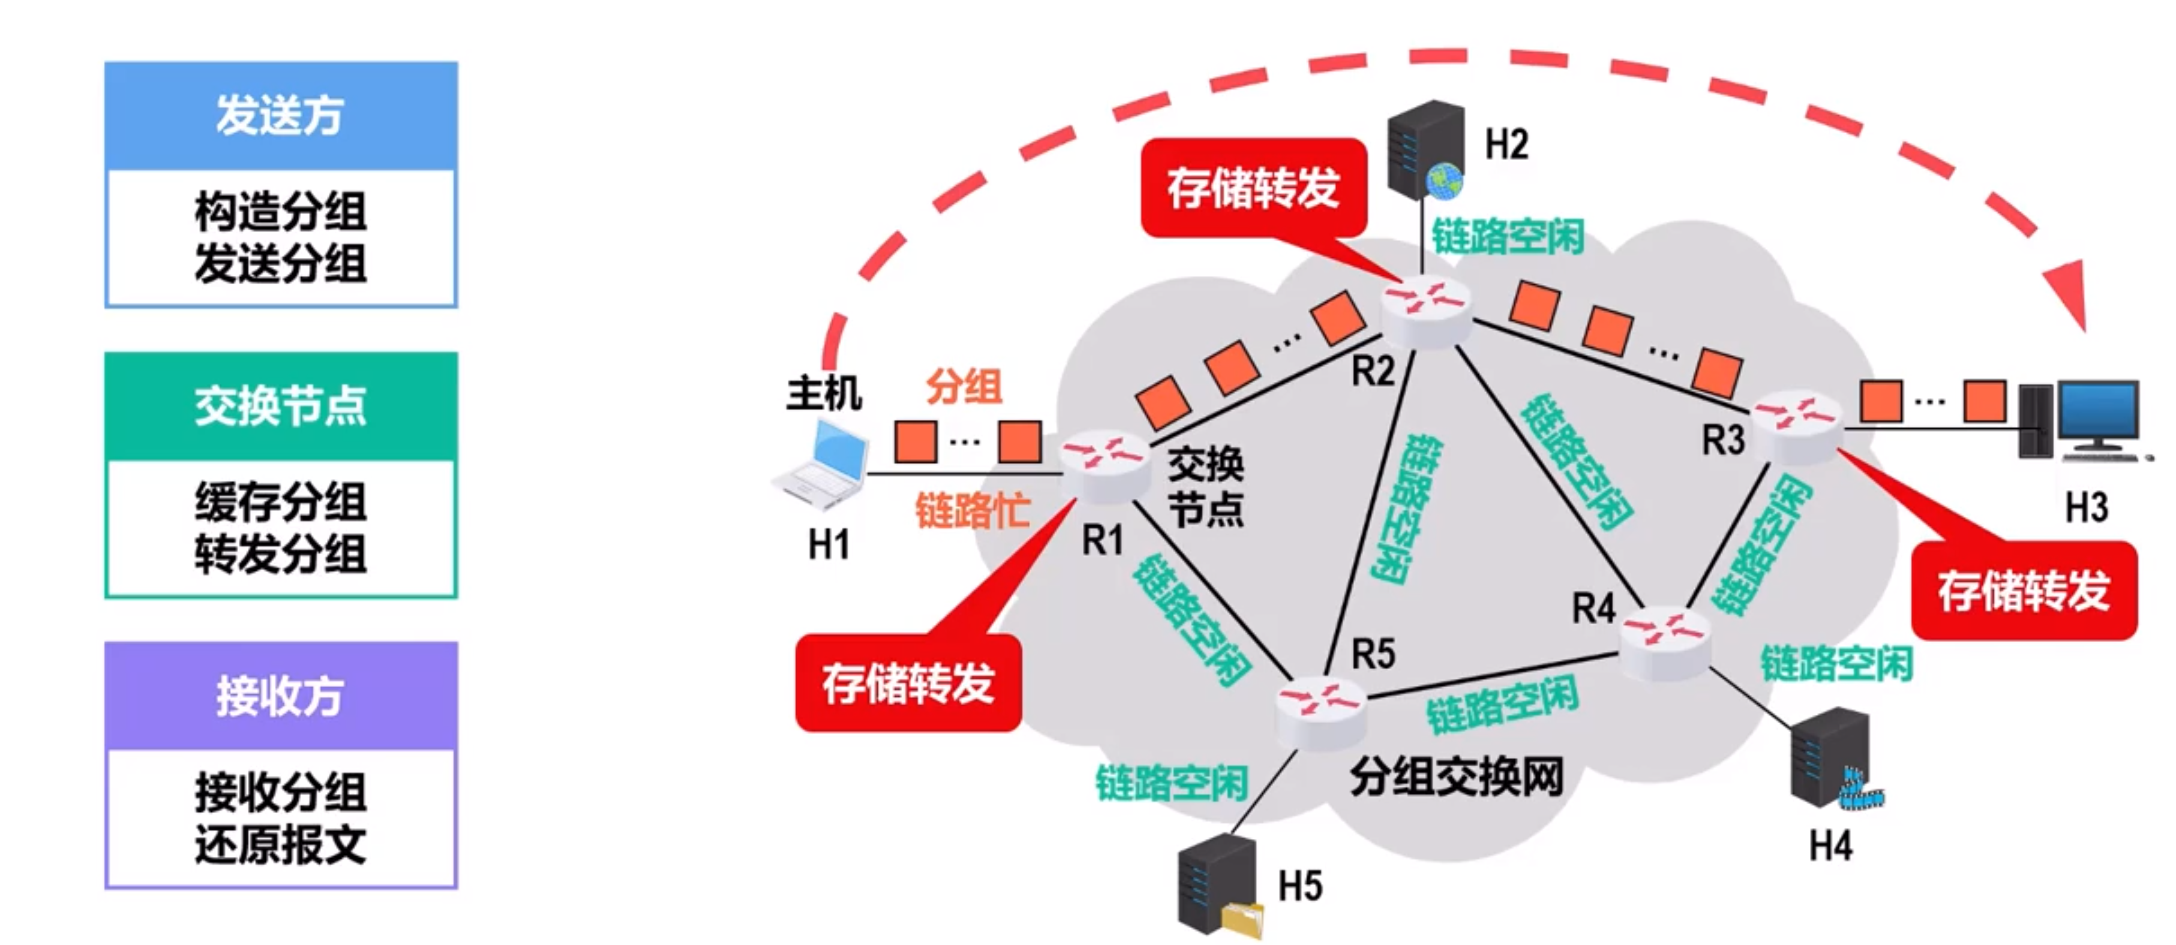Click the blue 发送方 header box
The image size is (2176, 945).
pyautogui.click(x=280, y=116)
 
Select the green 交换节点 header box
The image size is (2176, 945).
pyautogui.click(x=280, y=406)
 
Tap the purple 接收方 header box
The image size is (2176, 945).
pyautogui.click(x=280, y=696)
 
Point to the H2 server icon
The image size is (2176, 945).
pyautogui.click(x=1426, y=148)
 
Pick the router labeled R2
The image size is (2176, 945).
pyautogui.click(x=1426, y=312)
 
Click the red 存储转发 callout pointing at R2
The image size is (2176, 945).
pyautogui.click(x=1253, y=188)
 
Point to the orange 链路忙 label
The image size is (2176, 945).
pyautogui.click(x=973, y=510)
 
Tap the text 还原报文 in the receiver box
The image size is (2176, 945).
pyautogui.click(x=280, y=844)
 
